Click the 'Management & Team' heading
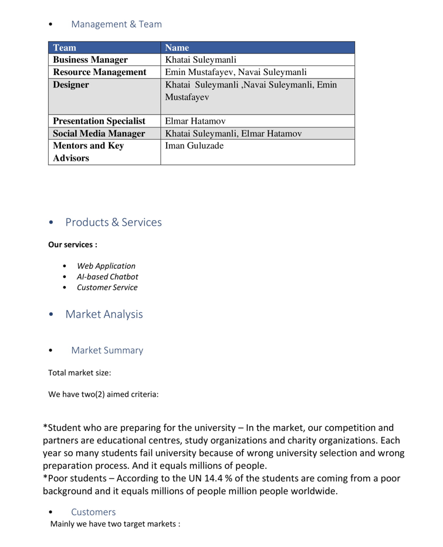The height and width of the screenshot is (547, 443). pos(116,24)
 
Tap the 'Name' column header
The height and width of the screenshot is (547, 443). pos(177,48)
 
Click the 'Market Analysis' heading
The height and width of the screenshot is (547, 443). pos(103,314)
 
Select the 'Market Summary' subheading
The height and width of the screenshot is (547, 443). pos(107,350)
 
